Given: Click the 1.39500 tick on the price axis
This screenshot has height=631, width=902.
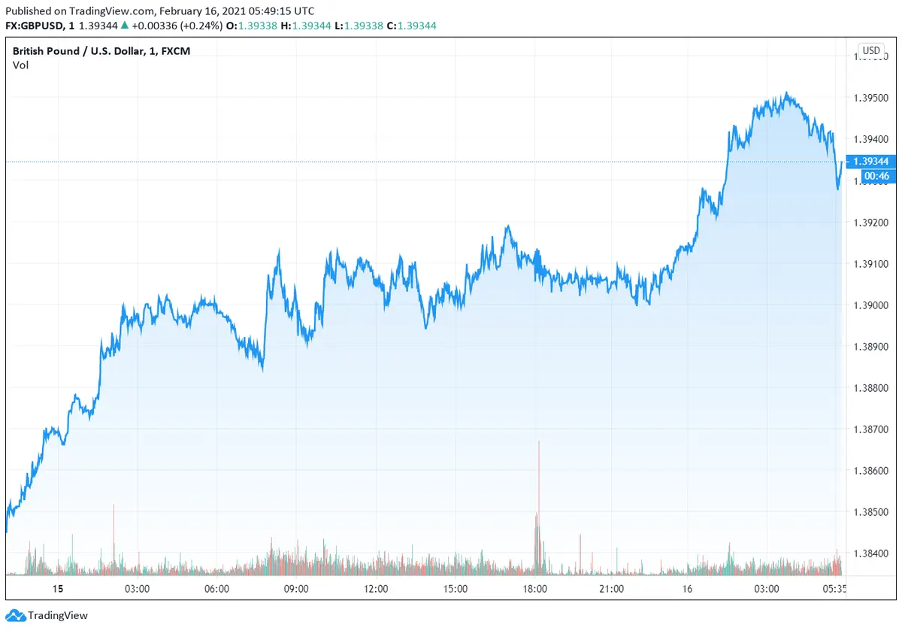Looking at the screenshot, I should click(872, 98).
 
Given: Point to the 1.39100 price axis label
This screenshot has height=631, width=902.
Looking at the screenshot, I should click(872, 264).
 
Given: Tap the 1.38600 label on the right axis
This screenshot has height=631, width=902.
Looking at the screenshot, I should click(872, 472).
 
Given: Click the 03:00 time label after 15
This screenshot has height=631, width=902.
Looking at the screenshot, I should click(137, 589).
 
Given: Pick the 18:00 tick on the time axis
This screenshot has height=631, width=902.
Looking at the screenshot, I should click(534, 589).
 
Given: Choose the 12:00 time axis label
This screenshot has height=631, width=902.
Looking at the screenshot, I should click(375, 589).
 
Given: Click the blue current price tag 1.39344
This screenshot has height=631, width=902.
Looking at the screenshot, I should click(872, 162).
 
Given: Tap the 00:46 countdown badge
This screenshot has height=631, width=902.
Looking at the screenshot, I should click(876, 176).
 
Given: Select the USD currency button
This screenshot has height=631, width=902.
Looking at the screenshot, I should click(871, 51).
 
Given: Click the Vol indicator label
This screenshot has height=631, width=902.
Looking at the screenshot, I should click(20, 65).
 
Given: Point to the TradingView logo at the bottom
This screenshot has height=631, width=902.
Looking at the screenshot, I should click(47, 615).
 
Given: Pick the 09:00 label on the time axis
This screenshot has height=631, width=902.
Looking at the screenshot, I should click(296, 589).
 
